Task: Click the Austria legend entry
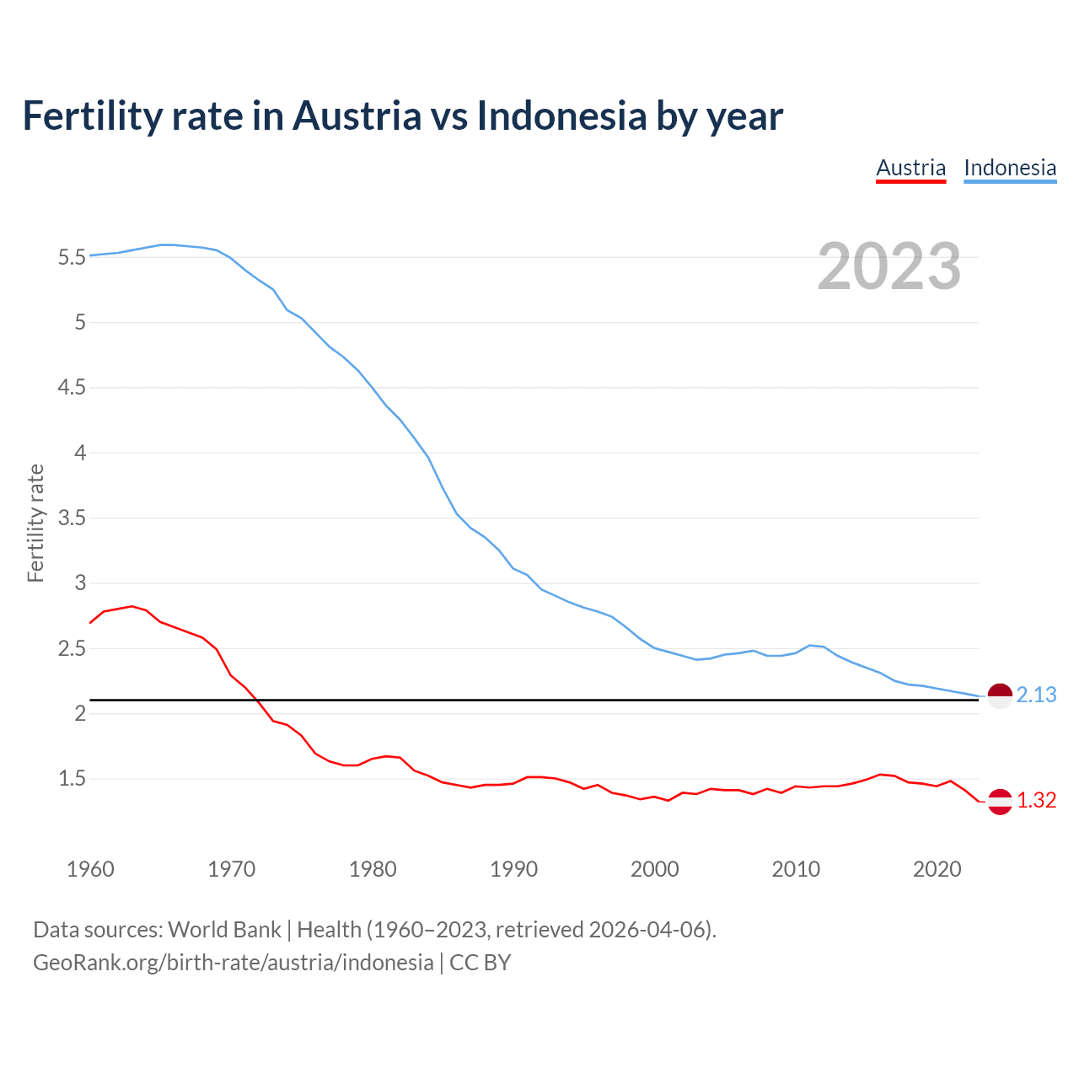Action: tap(910, 168)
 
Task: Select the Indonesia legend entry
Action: tap(1010, 168)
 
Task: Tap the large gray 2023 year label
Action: tap(889, 266)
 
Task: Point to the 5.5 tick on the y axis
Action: tap(72, 258)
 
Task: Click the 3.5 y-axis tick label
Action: tap(72, 518)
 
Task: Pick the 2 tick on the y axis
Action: tap(80, 714)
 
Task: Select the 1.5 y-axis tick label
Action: tap(72, 779)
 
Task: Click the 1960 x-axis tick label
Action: tap(90, 869)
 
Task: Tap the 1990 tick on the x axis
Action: tap(513, 869)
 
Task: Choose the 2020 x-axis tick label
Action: tap(937, 869)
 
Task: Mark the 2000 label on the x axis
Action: tap(654, 869)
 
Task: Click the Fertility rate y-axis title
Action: tap(35, 523)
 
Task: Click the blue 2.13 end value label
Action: tap(1036, 695)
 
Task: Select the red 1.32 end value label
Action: tap(1036, 801)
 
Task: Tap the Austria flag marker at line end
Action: tap(1000, 802)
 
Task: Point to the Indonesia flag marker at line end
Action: tap(1000, 697)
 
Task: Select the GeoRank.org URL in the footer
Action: tap(233, 963)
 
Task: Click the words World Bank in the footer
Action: tap(224, 930)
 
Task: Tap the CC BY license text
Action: tap(480, 963)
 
